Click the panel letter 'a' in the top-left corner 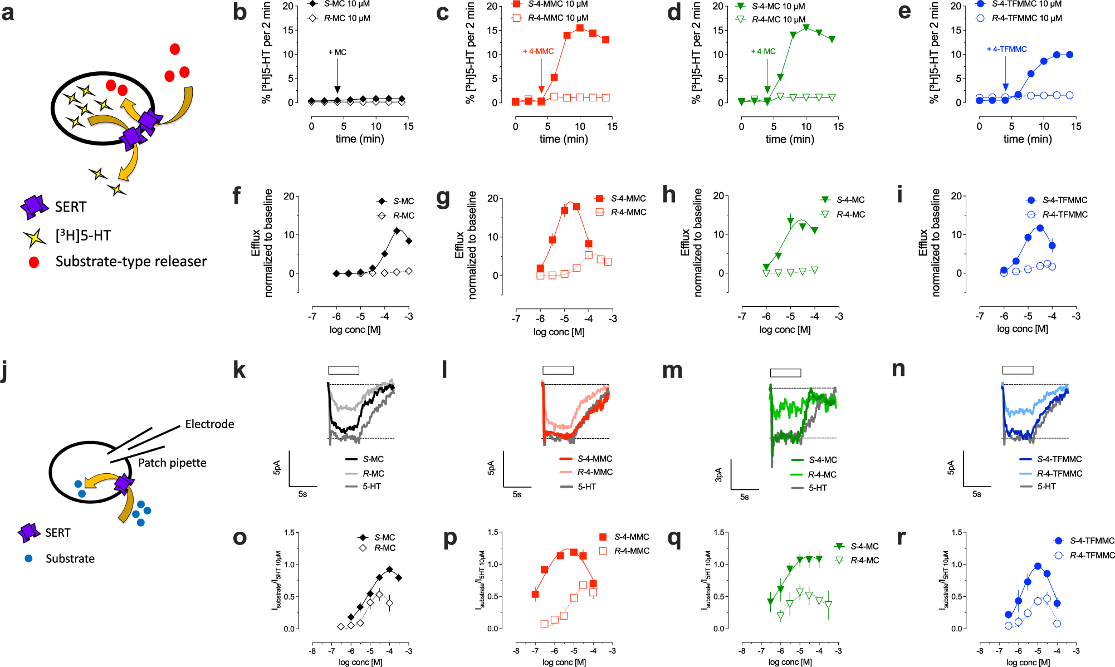pyautogui.click(x=8, y=12)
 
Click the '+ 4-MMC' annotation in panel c pyautogui.click(x=538, y=51)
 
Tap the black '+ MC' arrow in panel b pyautogui.click(x=337, y=72)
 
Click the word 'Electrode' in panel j pyautogui.click(x=209, y=424)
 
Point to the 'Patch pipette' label pyautogui.click(x=172, y=463)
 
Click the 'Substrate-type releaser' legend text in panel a pyautogui.click(x=131, y=261)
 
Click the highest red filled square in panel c pyautogui.click(x=580, y=28)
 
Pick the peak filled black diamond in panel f pyautogui.click(x=397, y=230)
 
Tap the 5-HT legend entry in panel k pyautogui.click(x=371, y=487)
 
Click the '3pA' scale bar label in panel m pyautogui.click(x=718, y=474)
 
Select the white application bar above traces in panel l pyautogui.click(x=558, y=370)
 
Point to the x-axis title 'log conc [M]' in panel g pyautogui.click(x=559, y=332)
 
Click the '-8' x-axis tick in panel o pyautogui.click(x=312, y=651)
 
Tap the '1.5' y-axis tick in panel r pyautogui.click(x=957, y=533)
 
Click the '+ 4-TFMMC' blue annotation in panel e pyautogui.click(x=1006, y=49)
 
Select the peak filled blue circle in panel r pyautogui.click(x=1038, y=566)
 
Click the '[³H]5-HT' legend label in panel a pyautogui.click(x=83, y=236)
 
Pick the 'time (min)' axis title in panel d pyautogui.click(x=790, y=139)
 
